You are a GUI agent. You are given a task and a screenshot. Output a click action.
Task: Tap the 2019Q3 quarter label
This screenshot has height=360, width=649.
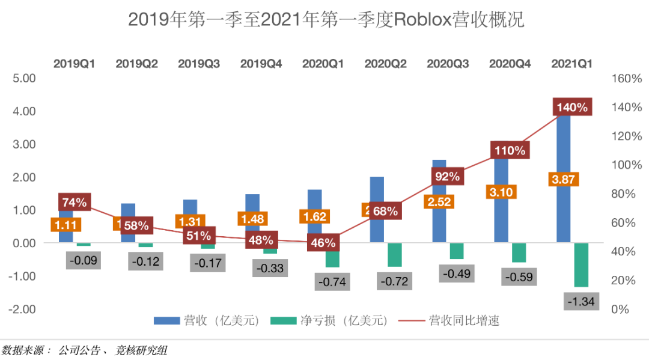[x=198, y=63]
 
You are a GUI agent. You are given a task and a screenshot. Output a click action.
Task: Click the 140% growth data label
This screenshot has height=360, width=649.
[x=572, y=107]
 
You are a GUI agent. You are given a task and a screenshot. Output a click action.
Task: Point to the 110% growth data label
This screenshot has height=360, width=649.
[x=510, y=150]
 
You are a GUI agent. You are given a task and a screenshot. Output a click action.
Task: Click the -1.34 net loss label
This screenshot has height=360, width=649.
[x=580, y=301]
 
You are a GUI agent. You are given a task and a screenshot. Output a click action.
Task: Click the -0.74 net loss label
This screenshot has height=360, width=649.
[x=332, y=282]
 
